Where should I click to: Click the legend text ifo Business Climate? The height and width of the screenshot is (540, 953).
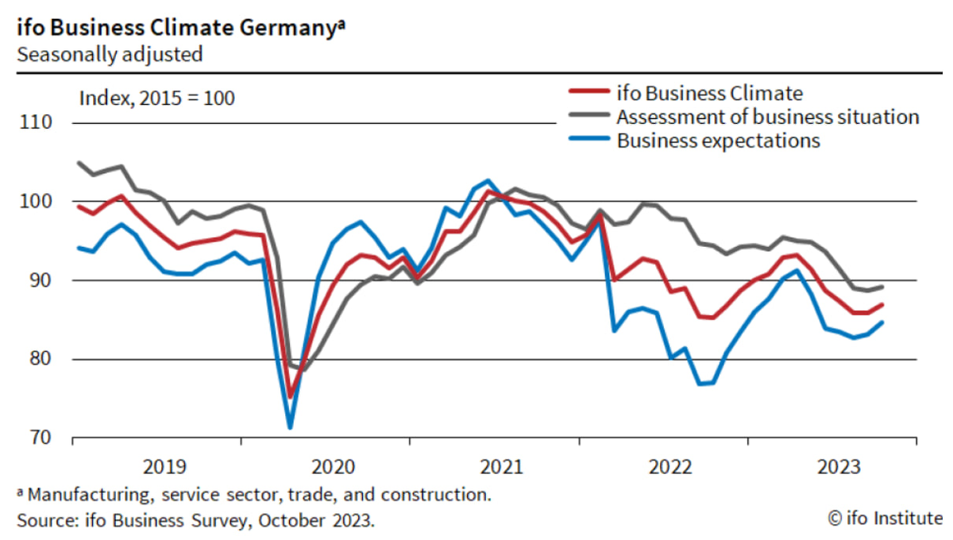coord(709,93)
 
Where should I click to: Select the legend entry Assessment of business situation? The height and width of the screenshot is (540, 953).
coord(767,117)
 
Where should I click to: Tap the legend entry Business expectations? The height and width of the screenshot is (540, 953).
coord(718,141)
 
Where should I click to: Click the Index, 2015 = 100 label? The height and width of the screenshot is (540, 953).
coord(157,99)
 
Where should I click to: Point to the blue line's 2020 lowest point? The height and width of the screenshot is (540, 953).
coord(290,428)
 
